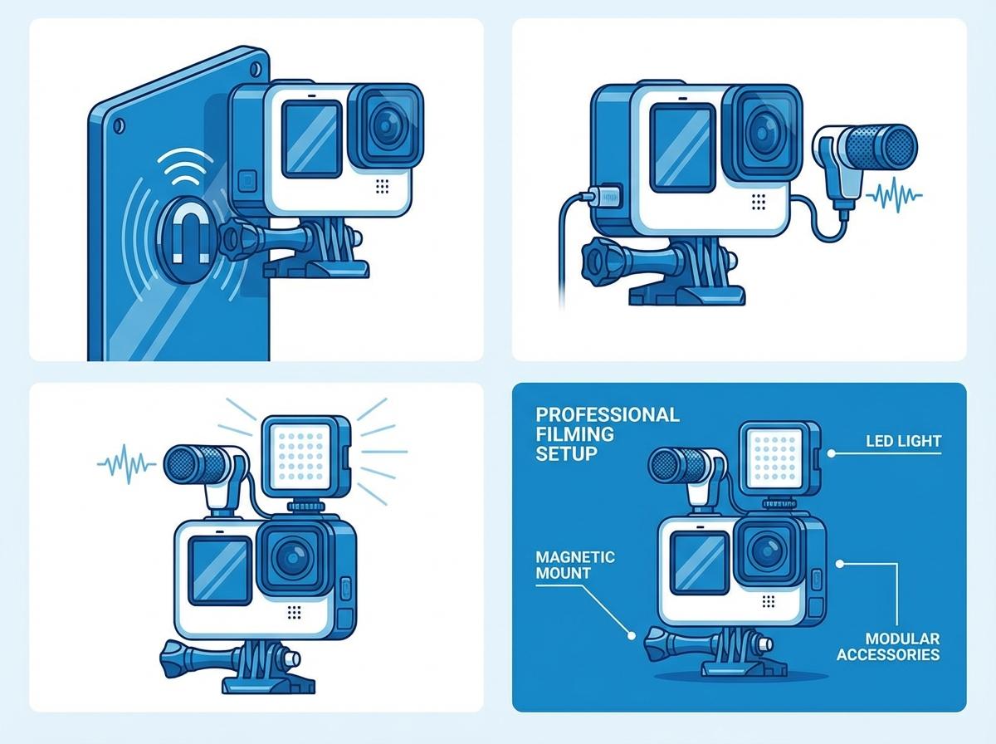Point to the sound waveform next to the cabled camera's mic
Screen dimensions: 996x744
coord(894,196)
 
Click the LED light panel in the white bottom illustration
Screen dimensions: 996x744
coord(305,455)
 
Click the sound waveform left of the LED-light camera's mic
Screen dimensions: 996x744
coord(127,464)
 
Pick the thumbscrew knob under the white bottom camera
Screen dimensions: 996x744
coord(174,658)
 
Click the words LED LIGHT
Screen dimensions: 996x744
coord(903,441)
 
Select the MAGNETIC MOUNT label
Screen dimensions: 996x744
coord(575,565)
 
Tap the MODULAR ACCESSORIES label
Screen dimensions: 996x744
coord(888,646)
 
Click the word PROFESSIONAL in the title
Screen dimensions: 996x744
coord(608,414)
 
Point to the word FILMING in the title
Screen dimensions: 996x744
coord(575,434)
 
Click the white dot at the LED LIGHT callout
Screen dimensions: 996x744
coord(832,453)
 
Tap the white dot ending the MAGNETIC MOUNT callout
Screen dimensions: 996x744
coord(631,635)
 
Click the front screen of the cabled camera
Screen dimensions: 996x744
coord(682,147)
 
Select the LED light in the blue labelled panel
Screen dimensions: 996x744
coord(779,458)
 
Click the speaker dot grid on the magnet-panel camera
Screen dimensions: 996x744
coord(382,186)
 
